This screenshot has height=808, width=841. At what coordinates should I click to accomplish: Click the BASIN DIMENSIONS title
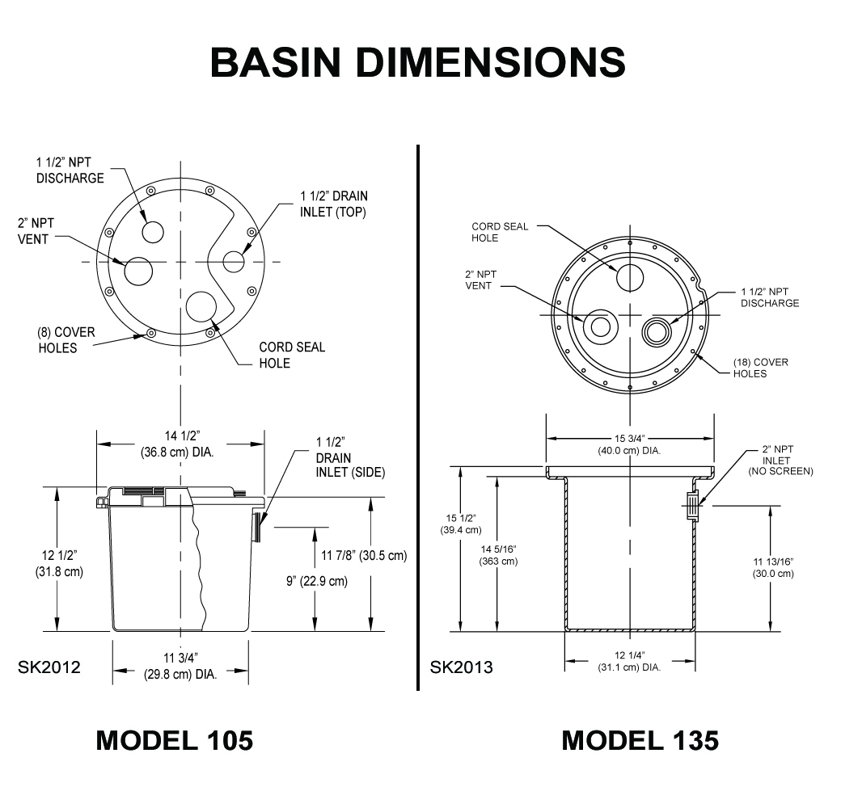pyautogui.click(x=417, y=62)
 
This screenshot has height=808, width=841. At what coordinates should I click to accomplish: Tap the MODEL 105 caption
pyautogui.click(x=174, y=740)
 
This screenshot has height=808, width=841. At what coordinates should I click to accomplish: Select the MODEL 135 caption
pyautogui.click(x=640, y=740)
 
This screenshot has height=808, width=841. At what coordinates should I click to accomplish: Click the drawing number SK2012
pyautogui.click(x=49, y=667)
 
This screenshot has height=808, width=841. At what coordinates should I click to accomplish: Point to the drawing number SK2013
pyautogui.click(x=461, y=667)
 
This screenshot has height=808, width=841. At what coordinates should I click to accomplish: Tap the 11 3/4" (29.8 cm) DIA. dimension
pyautogui.click(x=180, y=667)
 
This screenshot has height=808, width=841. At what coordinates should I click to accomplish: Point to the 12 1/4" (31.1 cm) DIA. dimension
pyautogui.click(x=629, y=661)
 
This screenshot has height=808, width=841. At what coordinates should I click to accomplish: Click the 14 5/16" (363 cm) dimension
pyautogui.click(x=498, y=555)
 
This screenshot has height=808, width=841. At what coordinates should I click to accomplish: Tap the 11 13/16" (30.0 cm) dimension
pyautogui.click(x=773, y=567)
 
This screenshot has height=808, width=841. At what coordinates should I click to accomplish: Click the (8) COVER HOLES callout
pyautogui.click(x=57, y=339)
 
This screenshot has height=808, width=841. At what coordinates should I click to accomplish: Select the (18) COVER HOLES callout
pyautogui.click(x=760, y=368)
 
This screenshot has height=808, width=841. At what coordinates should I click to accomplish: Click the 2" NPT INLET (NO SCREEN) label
pyautogui.click(x=780, y=461)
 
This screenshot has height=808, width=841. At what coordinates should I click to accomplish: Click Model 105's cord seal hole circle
pyautogui.click(x=201, y=307)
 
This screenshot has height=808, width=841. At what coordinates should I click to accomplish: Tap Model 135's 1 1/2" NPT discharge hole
pyautogui.click(x=657, y=330)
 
